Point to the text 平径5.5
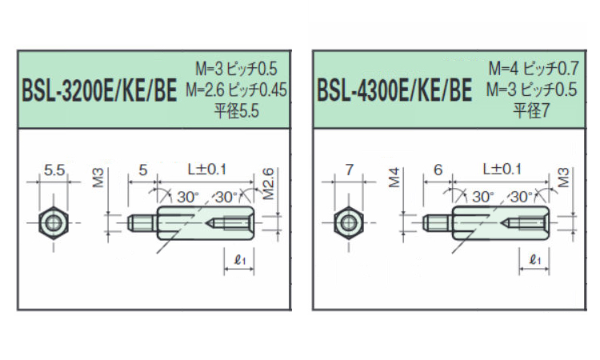(x=237, y=112)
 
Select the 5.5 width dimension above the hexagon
(x=54, y=170)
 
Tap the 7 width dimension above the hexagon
(x=349, y=170)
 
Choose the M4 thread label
(x=394, y=178)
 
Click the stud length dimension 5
(x=143, y=170)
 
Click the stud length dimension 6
(x=437, y=170)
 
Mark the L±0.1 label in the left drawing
(x=207, y=170)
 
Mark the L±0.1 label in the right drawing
(x=502, y=170)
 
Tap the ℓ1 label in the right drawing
(x=535, y=258)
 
